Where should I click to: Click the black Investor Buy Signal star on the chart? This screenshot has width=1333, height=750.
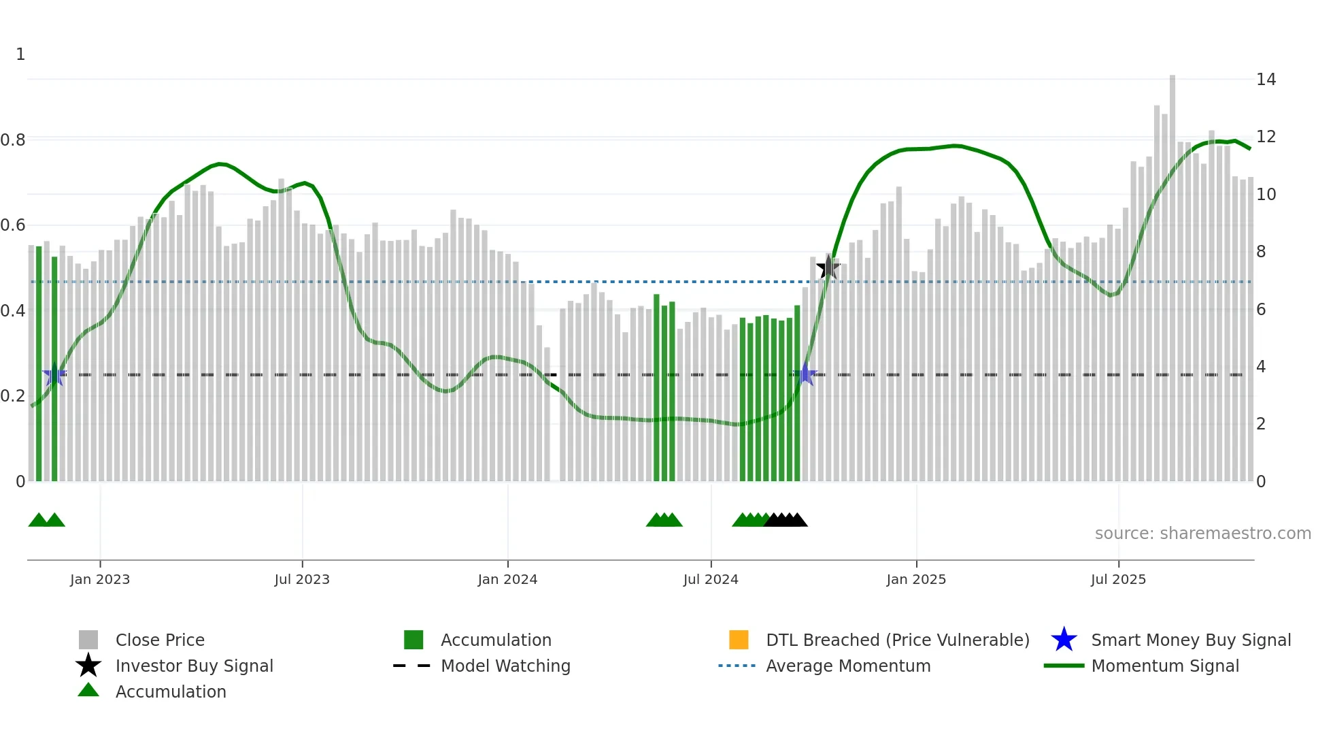tap(828, 267)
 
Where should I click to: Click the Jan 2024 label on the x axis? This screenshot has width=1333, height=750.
tap(507, 579)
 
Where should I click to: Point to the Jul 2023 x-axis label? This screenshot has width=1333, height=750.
tap(302, 579)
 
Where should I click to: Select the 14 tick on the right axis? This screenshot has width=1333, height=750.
tap(1266, 80)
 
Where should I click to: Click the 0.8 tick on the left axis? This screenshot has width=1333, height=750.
tap(14, 140)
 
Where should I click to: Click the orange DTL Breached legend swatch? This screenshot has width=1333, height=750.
tap(739, 640)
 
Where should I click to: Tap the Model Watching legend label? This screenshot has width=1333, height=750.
tap(505, 666)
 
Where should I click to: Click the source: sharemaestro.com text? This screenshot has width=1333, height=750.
tap(1202, 534)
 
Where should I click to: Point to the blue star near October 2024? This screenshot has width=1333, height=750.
tap(806, 374)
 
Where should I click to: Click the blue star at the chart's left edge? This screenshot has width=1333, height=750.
tap(54, 374)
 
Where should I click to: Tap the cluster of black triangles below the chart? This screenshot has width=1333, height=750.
tap(786, 520)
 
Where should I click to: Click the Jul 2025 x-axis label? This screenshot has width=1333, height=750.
tap(1118, 579)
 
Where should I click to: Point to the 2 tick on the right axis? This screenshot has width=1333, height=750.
tap(1261, 424)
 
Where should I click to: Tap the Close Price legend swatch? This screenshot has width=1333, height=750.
tap(88, 640)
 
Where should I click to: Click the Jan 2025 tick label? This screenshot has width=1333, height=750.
tap(916, 579)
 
